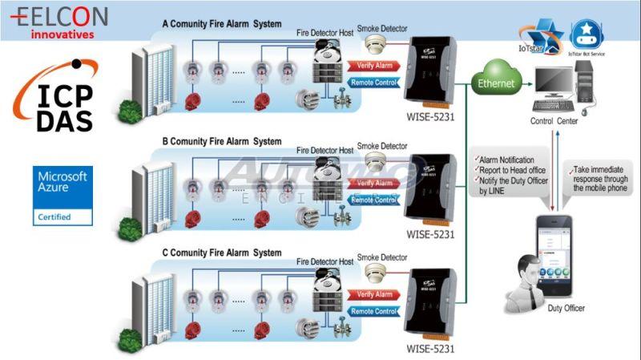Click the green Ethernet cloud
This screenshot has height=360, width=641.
(497, 83)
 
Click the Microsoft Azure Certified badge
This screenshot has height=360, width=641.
(63, 195)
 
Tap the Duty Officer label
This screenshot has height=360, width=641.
(565, 308)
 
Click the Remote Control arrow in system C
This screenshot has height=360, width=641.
(373, 311)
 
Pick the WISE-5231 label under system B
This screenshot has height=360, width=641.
(430, 235)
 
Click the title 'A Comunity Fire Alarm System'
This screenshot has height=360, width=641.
(222, 24)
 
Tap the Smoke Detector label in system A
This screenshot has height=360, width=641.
(381, 27)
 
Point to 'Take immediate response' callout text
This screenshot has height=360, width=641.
(599, 180)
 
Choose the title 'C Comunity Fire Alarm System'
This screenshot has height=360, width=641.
(222, 253)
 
